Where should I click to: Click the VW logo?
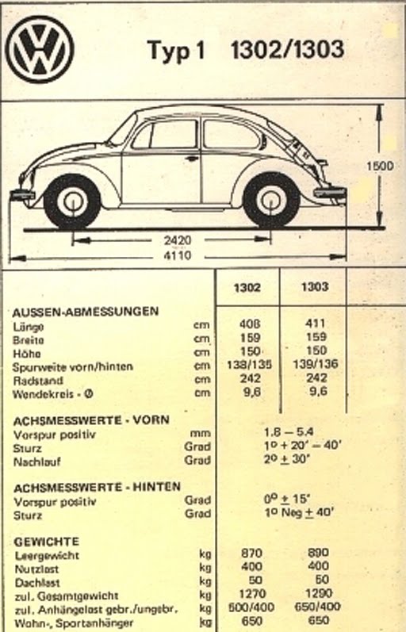point(40,49)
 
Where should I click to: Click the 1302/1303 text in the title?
point(286,50)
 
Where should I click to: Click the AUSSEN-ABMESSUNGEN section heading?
point(86,311)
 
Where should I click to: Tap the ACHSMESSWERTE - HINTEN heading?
point(96,486)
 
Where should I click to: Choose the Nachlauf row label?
point(37,461)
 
